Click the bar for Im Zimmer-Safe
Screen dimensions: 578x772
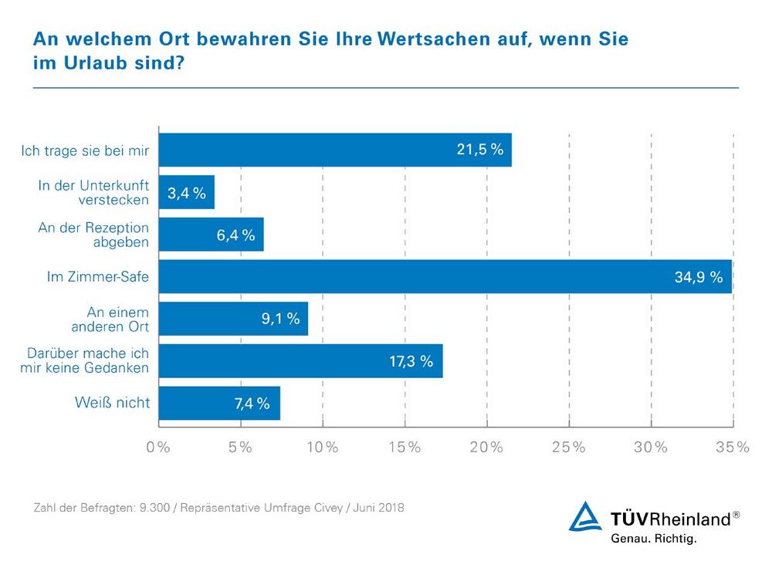(x=445, y=276)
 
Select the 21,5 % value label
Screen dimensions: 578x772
(x=479, y=150)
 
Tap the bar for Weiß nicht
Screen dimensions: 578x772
(x=219, y=403)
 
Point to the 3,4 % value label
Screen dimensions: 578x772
(x=187, y=193)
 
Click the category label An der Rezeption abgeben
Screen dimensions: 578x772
(x=93, y=235)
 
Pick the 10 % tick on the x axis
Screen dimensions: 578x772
(x=322, y=448)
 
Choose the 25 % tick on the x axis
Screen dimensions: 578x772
(x=569, y=448)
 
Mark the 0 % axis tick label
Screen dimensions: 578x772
(x=158, y=448)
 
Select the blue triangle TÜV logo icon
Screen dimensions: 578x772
(x=584, y=517)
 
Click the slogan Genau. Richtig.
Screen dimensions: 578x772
(x=653, y=539)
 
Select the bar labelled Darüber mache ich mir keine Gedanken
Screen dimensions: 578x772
(x=300, y=360)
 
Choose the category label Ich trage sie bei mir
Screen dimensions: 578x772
(x=85, y=150)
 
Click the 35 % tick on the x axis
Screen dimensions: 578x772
(x=733, y=448)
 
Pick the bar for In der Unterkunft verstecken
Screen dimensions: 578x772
(x=186, y=192)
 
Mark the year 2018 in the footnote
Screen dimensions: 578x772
(x=390, y=509)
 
